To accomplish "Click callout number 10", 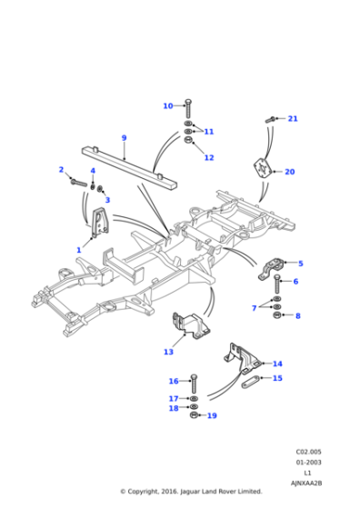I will click(167, 106).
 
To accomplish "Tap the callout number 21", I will click(293, 119).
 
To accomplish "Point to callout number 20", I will click(290, 172).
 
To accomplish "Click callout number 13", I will click(168, 352).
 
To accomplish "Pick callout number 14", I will click(277, 364).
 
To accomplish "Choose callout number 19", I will click(212, 415).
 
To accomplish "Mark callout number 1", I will click(79, 249).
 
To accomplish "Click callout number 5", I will click(300, 264).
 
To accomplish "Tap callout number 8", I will click(297, 315).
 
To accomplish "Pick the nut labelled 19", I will click(195, 415).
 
